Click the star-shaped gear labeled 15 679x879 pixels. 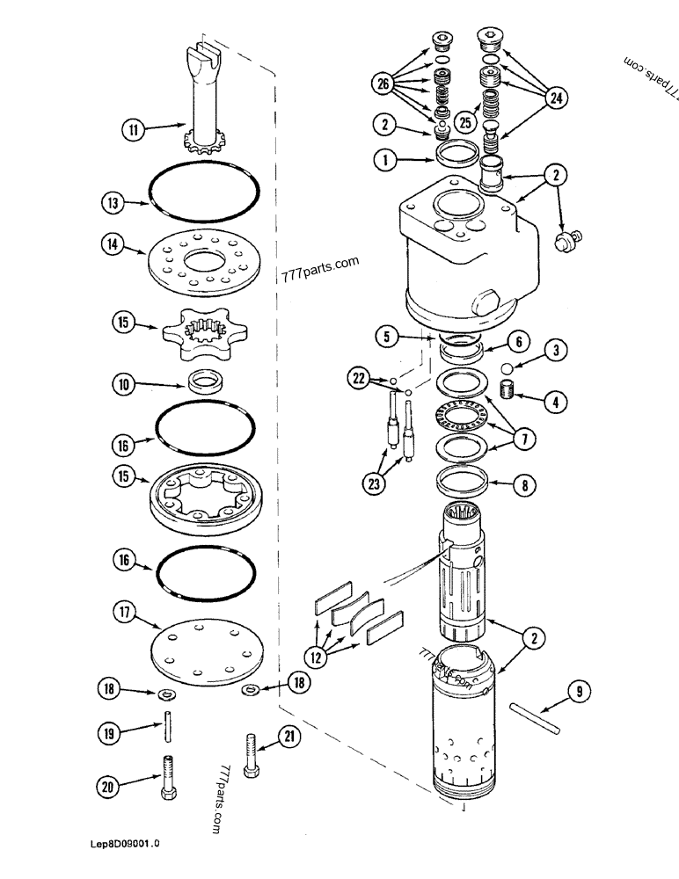coord(204,332)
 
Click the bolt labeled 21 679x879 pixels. coord(252,754)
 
